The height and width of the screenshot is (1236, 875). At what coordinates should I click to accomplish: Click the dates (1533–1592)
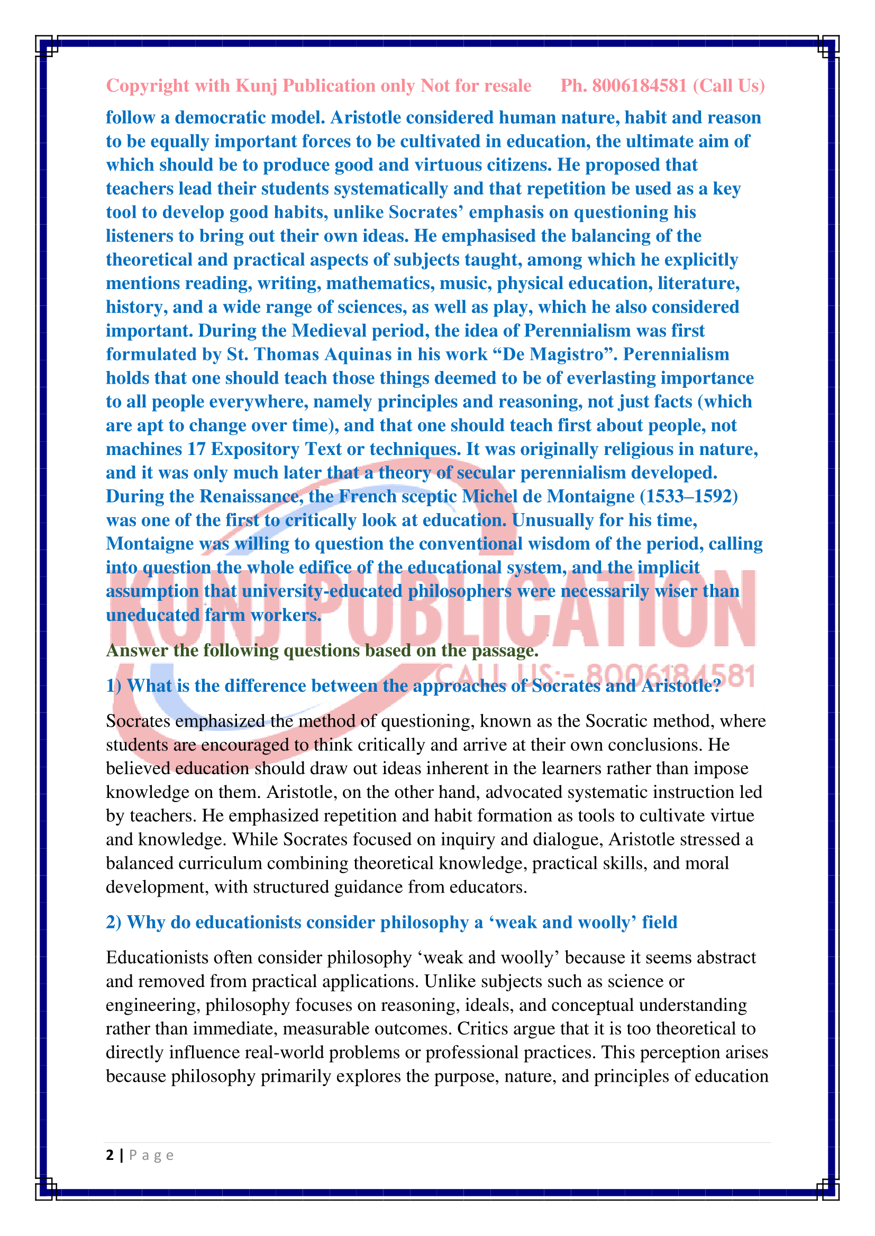click(x=689, y=496)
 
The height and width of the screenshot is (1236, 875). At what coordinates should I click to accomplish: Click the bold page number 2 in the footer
click(x=110, y=1156)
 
